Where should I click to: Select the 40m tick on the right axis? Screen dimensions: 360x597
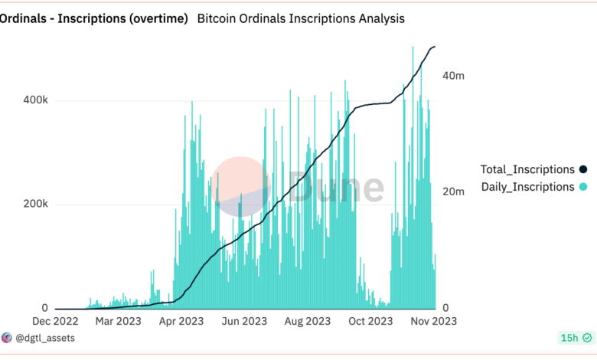tap(454, 76)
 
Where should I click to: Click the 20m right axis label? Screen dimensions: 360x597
tap(454, 191)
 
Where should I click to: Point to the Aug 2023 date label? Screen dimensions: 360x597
tap(307, 322)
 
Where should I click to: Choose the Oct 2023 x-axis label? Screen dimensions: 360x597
tap(369, 322)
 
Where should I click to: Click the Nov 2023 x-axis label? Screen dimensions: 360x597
tap(432, 322)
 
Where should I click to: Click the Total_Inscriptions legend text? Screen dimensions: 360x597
tap(527, 169)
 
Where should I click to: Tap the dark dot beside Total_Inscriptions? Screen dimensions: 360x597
tap(583, 169)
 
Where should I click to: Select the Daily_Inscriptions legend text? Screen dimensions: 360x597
tap(527, 187)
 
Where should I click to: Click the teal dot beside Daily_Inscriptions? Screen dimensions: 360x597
tap(583, 187)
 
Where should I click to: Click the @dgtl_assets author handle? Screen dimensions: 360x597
tap(44, 337)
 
